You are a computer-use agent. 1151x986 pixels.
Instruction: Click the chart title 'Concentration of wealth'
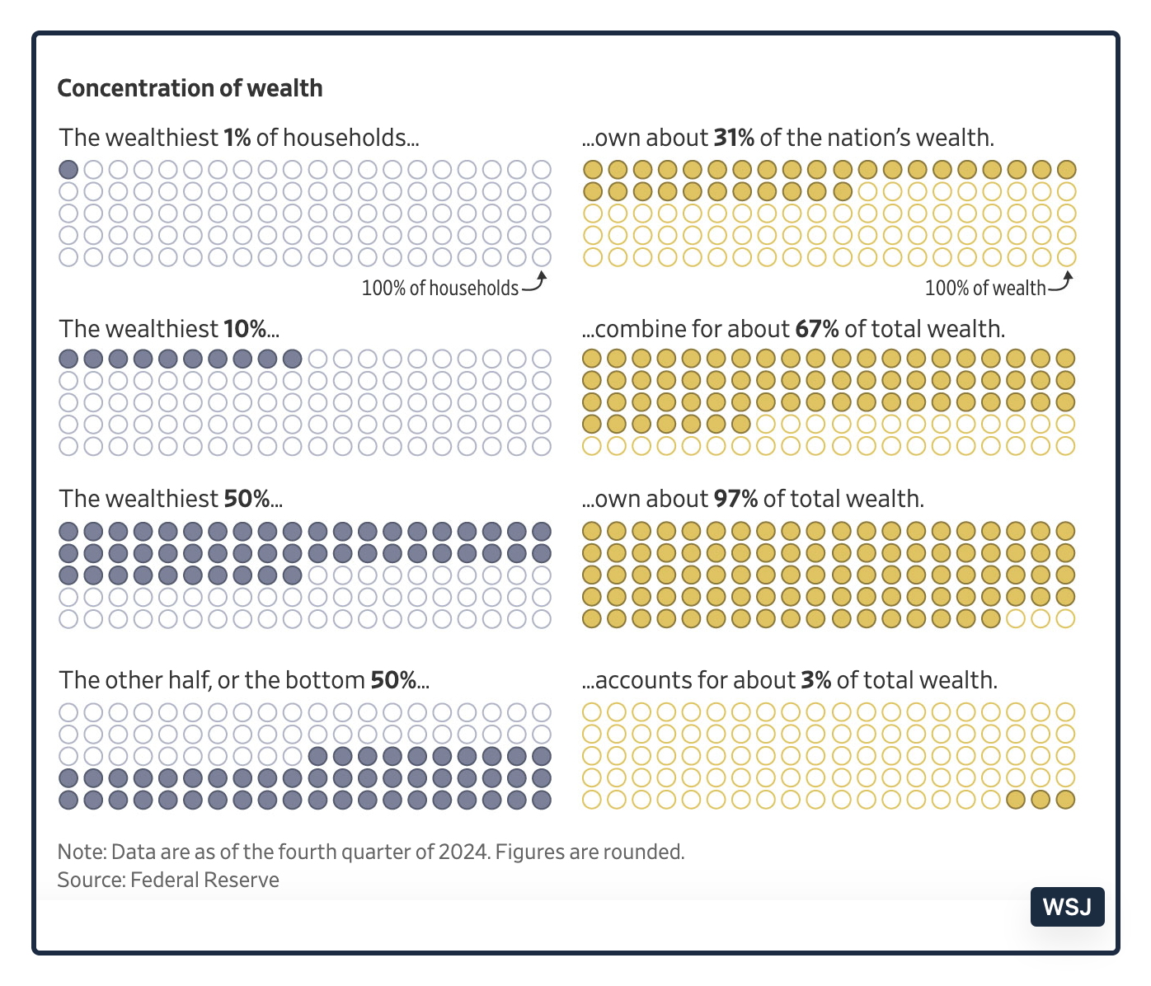tap(190, 88)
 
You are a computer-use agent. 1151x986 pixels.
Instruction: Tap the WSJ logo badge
tap(1067, 907)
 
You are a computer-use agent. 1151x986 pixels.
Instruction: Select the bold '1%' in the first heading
tap(237, 138)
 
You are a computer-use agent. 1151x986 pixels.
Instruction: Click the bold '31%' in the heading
tap(734, 138)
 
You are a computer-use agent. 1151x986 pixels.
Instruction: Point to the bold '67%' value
tap(816, 329)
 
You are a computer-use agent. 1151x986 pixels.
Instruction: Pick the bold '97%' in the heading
tap(735, 499)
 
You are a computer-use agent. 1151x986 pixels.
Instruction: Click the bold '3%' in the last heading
tap(815, 680)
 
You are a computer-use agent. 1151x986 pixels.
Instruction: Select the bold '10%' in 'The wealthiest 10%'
tap(244, 329)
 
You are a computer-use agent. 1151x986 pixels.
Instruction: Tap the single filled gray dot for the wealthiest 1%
tap(69, 170)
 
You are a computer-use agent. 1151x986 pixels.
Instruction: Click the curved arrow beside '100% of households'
tap(536, 282)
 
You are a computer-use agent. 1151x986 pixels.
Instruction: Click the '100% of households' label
tap(440, 288)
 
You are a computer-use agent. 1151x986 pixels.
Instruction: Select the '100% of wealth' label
tap(984, 288)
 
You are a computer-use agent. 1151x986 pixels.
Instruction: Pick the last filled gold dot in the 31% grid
tap(842, 192)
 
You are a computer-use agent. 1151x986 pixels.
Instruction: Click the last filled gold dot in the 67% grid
tap(740, 425)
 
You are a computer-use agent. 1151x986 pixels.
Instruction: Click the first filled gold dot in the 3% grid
tap(1016, 799)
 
